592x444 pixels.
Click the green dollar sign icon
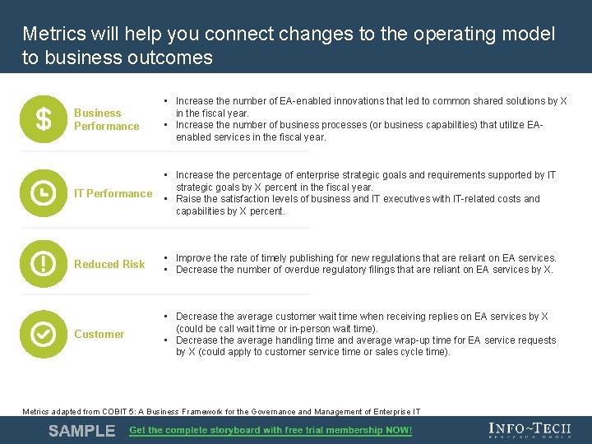coord(44,120)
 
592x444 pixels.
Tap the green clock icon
coord(44,193)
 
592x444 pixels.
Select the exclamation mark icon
coord(44,264)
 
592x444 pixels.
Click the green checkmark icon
coord(44,334)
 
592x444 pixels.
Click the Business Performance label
coord(106,119)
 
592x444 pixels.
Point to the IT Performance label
coord(113,193)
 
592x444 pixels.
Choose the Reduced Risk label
coord(109,264)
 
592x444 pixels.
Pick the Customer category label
coord(99,334)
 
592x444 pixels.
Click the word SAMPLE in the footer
coord(81,431)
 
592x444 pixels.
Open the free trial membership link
coord(271,430)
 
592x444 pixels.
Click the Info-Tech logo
coord(529,430)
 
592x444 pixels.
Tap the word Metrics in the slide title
coord(53,35)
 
